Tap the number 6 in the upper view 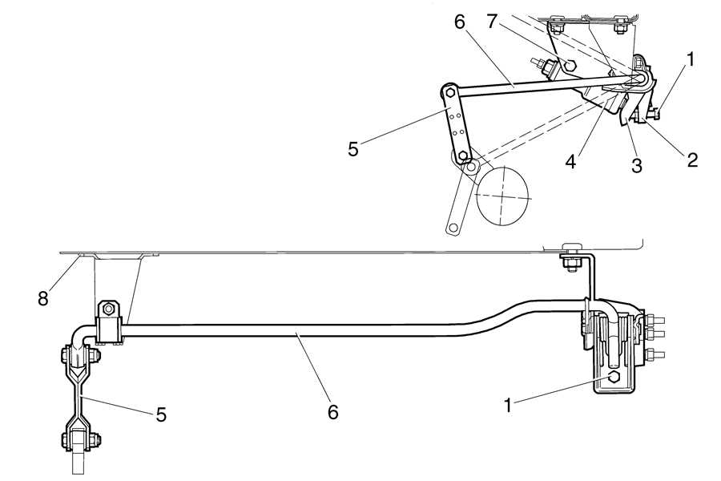(459, 23)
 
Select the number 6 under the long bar (332, 412)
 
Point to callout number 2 (692, 159)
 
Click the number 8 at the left (43, 298)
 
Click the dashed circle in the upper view (503, 196)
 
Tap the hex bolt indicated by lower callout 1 (614, 377)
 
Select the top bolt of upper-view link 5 (450, 94)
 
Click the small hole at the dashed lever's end (453, 228)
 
